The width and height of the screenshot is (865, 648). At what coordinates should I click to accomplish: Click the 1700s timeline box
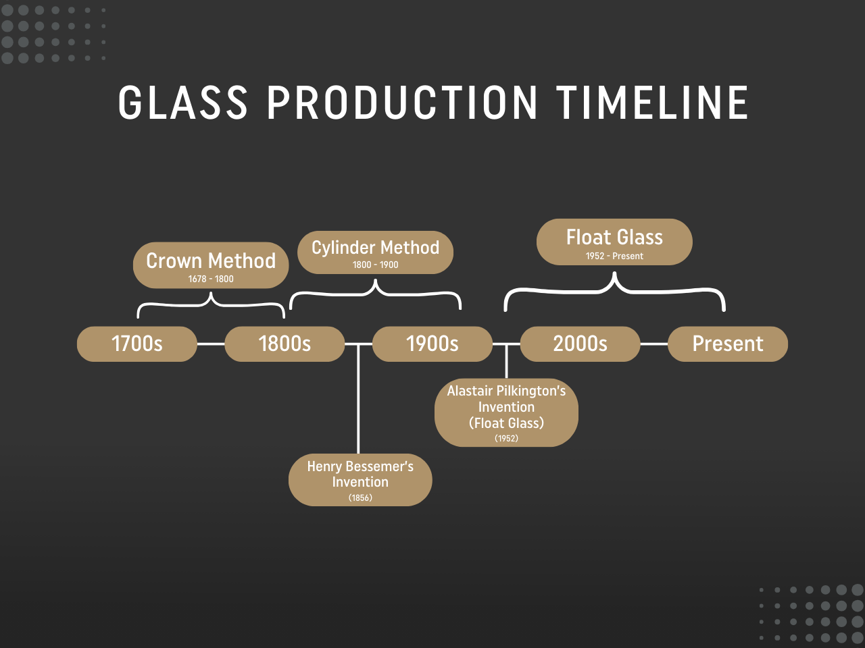(x=137, y=344)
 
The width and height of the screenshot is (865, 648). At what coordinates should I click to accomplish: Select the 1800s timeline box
(x=285, y=344)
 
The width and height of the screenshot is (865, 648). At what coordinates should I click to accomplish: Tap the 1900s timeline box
(x=432, y=344)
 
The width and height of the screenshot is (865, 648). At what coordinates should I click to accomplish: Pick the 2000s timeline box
(x=580, y=344)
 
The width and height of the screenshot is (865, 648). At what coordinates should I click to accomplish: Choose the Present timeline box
(x=728, y=344)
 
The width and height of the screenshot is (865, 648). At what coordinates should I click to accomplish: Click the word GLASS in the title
(x=183, y=103)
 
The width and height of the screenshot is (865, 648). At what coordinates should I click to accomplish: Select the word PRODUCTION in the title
(x=403, y=103)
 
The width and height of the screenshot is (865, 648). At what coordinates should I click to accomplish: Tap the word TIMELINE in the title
(x=653, y=103)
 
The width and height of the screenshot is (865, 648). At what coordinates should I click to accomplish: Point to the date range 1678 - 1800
(x=211, y=279)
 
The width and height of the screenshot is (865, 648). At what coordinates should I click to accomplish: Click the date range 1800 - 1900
(x=375, y=265)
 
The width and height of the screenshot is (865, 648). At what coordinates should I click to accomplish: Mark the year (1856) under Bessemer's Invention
(x=360, y=497)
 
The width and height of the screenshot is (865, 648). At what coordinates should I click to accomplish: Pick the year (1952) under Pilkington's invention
(x=506, y=438)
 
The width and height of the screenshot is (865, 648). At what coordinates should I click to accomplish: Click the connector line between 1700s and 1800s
(x=211, y=344)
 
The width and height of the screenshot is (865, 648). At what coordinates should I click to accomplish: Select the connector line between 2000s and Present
(x=653, y=344)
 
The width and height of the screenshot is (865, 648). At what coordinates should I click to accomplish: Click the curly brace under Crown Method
(x=211, y=304)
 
